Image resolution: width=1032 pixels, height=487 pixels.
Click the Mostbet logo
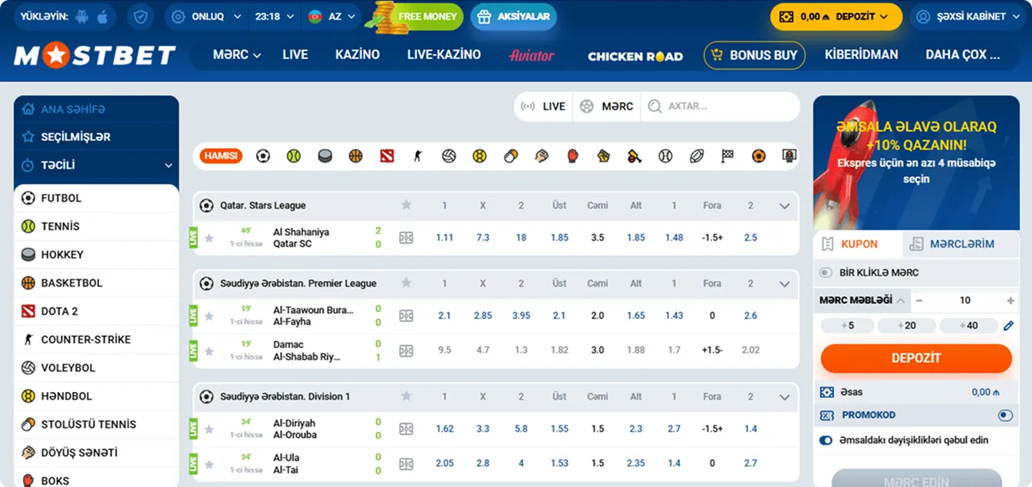click(x=94, y=55)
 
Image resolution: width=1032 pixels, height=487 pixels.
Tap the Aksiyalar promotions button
click(x=513, y=16)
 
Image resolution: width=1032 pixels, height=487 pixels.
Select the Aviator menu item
click(x=531, y=55)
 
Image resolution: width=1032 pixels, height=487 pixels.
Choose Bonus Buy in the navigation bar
click(x=754, y=55)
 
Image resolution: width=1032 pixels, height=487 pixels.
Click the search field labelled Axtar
click(x=721, y=107)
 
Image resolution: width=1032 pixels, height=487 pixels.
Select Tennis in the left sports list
click(x=61, y=226)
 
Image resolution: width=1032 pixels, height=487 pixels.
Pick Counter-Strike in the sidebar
click(x=85, y=339)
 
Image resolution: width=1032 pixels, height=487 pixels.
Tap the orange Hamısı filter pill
click(x=221, y=156)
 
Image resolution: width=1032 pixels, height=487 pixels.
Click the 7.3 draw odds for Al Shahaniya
click(x=483, y=238)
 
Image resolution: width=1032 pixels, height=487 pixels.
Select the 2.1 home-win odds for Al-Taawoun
click(x=444, y=315)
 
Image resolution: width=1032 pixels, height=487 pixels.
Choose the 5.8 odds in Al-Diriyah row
click(x=521, y=429)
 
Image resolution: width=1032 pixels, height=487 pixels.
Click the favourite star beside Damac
click(x=209, y=351)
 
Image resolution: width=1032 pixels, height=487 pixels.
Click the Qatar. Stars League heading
click(x=262, y=206)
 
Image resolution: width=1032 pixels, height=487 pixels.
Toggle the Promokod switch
click(x=1005, y=415)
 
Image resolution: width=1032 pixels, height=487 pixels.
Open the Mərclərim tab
click(x=961, y=244)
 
